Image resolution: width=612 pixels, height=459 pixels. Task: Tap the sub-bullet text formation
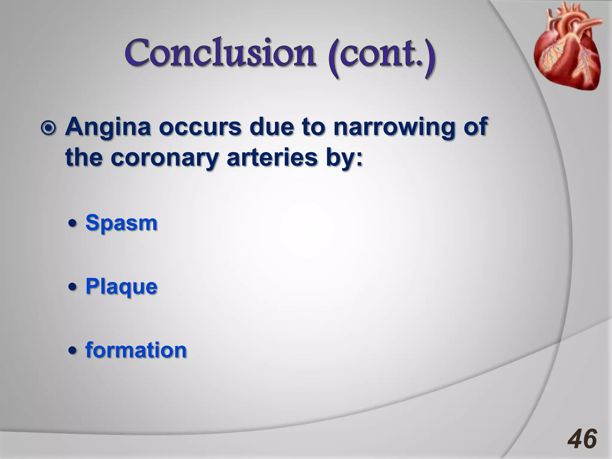[136, 350]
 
